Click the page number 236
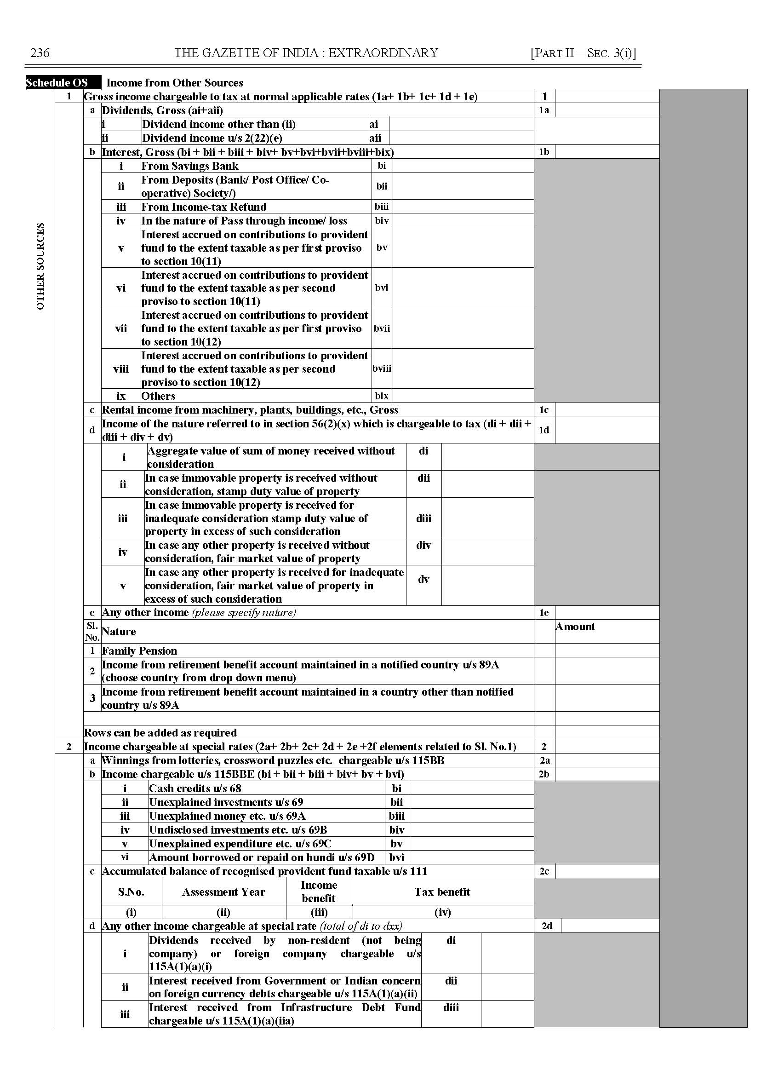pyautogui.click(x=40, y=52)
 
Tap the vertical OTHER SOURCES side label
pyautogui.click(x=41, y=266)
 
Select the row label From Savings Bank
pyautogui.click(x=190, y=166)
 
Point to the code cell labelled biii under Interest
pyautogui.click(x=382, y=207)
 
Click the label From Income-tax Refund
pyautogui.click(x=204, y=207)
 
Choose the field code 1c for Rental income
pyautogui.click(x=544, y=410)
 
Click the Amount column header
pyautogui.click(x=575, y=627)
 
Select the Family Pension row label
pyautogui.click(x=140, y=651)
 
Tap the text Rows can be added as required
pyautogui.click(x=160, y=733)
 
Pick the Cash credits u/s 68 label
pyautogui.click(x=195, y=788)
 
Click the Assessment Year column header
pyautogui.click(x=223, y=892)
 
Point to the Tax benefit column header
pyautogui.click(x=442, y=892)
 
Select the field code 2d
pyautogui.click(x=547, y=926)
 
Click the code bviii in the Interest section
pyautogui.click(x=382, y=368)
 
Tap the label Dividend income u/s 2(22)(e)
pyautogui.click(x=212, y=138)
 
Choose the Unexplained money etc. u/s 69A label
pyautogui.click(x=227, y=816)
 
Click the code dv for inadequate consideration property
pyautogui.click(x=423, y=580)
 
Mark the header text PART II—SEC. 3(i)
pyautogui.click(x=583, y=53)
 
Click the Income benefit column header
pyautogui.click(x=319, y=892)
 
